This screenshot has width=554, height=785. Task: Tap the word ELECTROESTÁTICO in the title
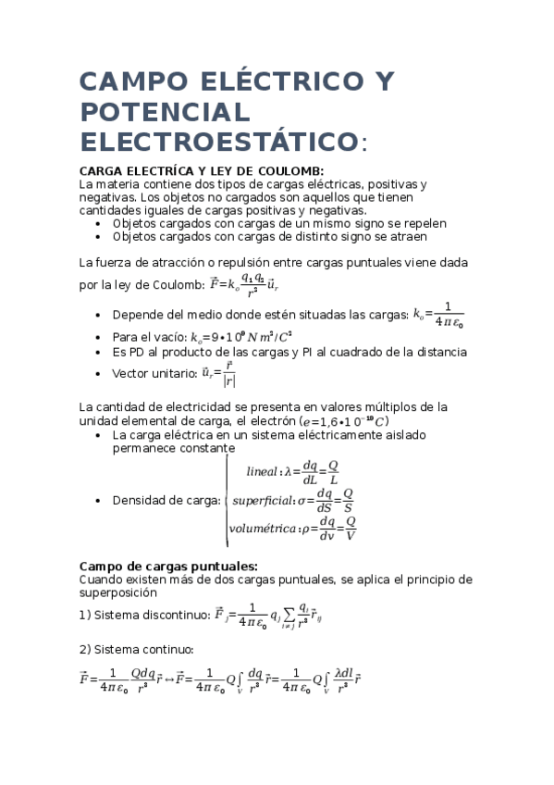point(218,143)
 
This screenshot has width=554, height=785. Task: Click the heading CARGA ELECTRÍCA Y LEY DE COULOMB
point(202,171)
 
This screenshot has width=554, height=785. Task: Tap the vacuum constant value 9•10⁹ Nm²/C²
point(240,337)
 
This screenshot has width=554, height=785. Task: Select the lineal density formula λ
point(292,472)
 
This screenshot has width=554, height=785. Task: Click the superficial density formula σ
point(293,501)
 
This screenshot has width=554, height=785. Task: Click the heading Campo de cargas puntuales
point(168,567)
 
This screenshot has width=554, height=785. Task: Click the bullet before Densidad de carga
point(99,501)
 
